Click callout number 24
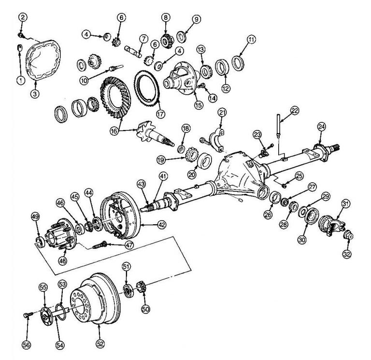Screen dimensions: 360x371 [x=322, y=127]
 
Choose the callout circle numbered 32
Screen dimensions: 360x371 [x=347, y=253]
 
